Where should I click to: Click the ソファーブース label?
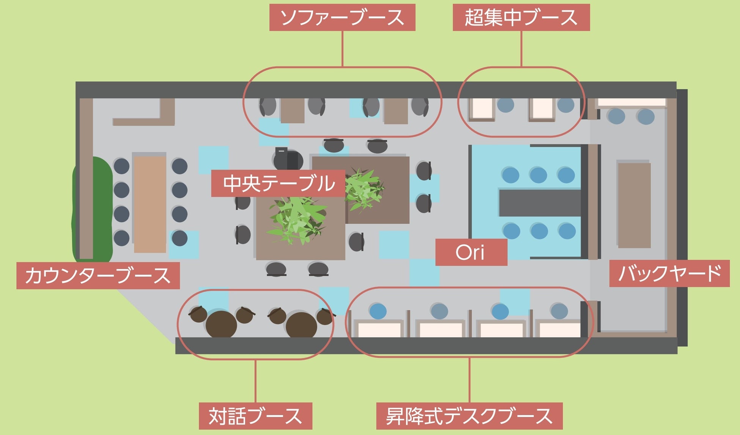click(x=342, y=17)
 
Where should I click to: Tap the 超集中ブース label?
click(x=521, y=17)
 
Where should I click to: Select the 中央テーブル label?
click(x=278, y=184)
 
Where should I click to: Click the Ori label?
click(x=471, y=252)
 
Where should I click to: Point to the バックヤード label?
click(x=669, y=273)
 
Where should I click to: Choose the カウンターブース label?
click(x=98, y=276)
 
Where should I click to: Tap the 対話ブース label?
click(x=255, y=416)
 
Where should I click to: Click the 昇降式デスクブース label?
click(x=469, y=416)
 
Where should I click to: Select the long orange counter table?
click(x=150, y=204)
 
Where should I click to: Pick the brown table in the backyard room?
click(x=634, y=205)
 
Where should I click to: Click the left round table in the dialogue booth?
click(x=221, y=325)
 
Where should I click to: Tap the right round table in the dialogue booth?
click(x=301, y=325)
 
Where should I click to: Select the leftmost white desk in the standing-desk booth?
click(x=379, y=329)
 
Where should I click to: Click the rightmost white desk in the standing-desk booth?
click(x=560, y=329)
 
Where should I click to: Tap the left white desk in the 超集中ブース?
click(x=482, y=109)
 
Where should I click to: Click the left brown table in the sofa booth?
click(x=293, y=110)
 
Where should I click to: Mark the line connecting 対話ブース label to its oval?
click(x=255, y=380)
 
